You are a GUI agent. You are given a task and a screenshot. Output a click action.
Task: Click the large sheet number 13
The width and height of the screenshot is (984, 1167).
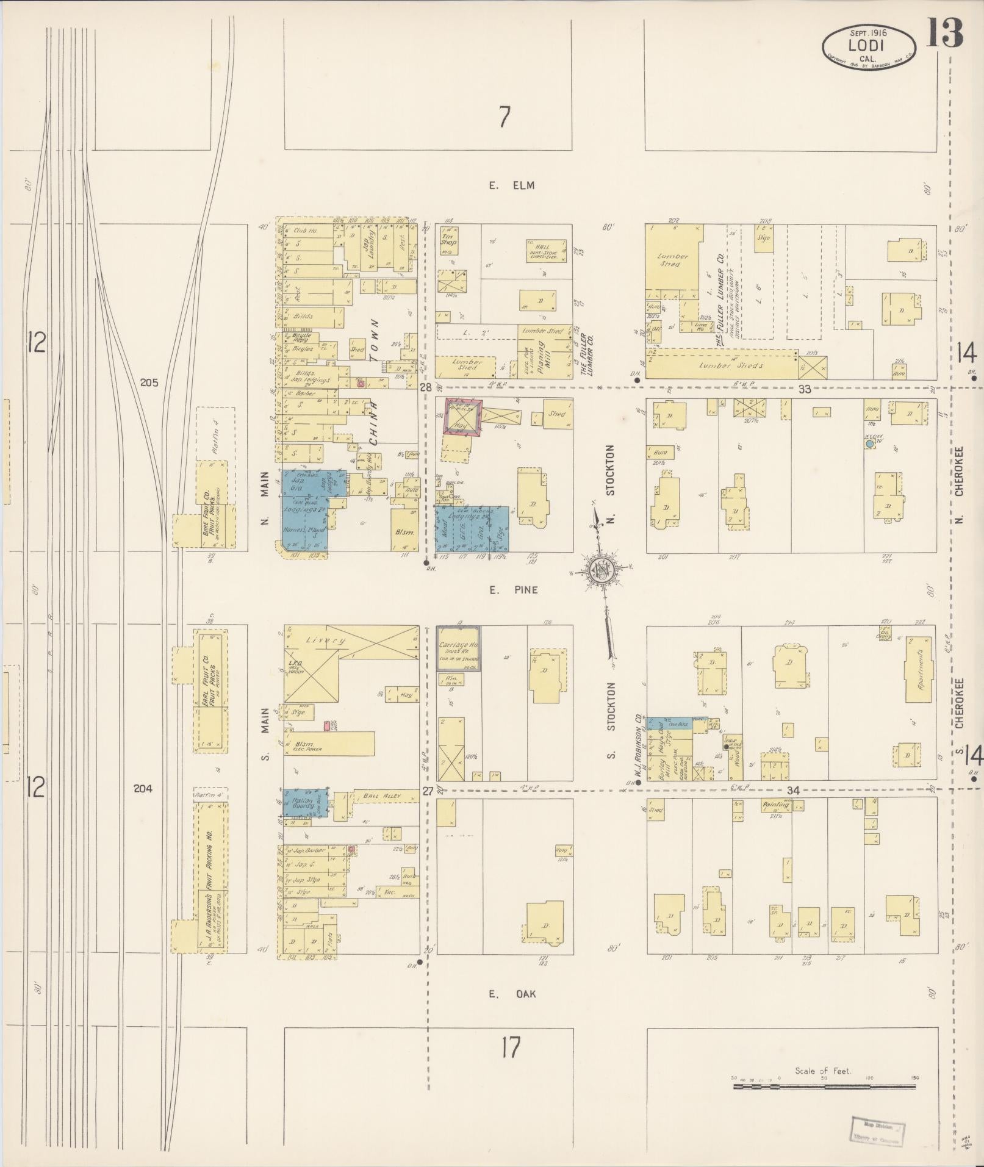(945, 33)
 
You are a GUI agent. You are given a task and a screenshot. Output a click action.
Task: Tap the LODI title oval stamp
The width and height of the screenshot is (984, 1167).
(868, 46)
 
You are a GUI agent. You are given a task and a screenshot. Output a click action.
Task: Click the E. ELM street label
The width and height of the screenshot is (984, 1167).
(511, 185)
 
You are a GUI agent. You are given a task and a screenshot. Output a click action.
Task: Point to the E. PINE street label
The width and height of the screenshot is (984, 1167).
(513, 590)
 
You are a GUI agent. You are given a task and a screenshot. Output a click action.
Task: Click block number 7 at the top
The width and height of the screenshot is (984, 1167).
(504, 117)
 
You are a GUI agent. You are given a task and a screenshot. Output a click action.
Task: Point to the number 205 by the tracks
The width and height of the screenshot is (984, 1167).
(149, 383)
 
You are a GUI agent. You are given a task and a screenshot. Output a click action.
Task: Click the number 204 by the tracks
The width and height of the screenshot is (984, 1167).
(143, 788)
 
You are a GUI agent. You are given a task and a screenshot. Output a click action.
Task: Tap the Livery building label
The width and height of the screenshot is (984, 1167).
(329, 641)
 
